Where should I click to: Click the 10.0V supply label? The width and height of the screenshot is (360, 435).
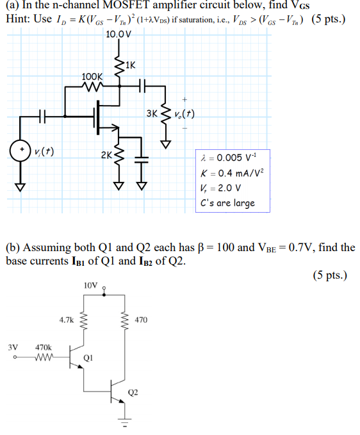pos(119,34)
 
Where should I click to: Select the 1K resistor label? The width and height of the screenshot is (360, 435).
pos(130,64)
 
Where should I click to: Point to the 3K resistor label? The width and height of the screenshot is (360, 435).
pos(151,115)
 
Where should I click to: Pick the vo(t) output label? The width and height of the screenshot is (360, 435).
pos(184,115)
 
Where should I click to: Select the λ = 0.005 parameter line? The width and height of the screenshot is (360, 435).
pos(228,158)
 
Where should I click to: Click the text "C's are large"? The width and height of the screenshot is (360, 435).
pos(227,203)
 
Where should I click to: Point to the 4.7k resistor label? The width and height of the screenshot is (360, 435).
pos(67,318)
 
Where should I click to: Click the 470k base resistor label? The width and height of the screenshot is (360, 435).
pos(43,347)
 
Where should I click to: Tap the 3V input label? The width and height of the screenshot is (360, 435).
pos(13,347)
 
